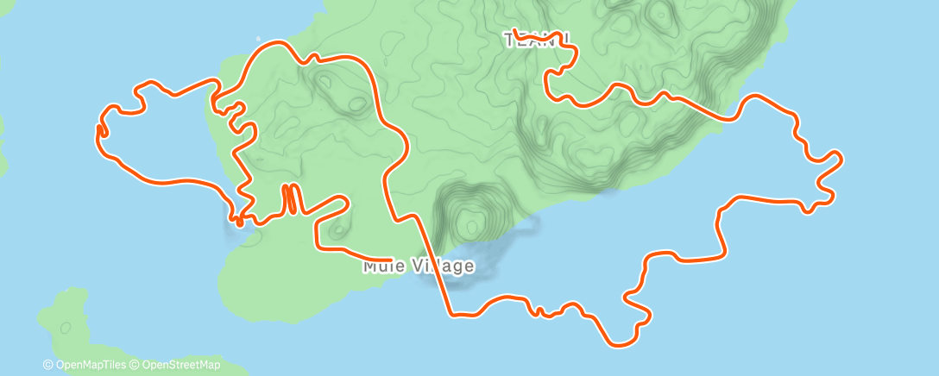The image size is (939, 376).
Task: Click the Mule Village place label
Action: (x=419, y=266)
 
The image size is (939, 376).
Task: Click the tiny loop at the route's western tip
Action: (x=101, y=130)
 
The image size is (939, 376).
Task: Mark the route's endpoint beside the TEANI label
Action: (x=514, y=32)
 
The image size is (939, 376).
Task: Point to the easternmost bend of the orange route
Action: (x=840, y=157)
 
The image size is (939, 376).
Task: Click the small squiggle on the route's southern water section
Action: (x=539, y=311)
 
